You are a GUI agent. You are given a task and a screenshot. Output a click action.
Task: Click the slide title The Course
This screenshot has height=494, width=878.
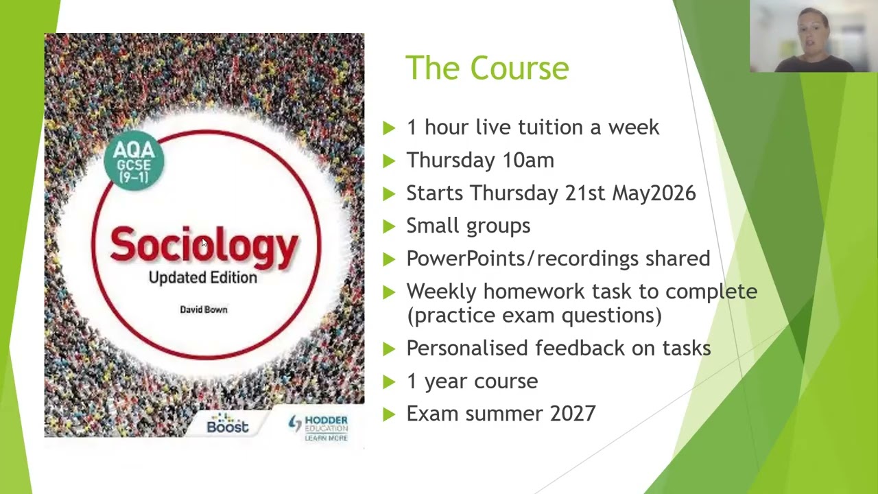click(487, 68)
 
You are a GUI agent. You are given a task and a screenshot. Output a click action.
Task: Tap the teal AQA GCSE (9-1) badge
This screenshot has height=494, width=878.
click(134, 160)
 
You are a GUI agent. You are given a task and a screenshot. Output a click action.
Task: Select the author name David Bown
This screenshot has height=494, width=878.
click(204, 309)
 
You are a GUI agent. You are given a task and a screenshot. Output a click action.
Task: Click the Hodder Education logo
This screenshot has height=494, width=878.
click(318, 427)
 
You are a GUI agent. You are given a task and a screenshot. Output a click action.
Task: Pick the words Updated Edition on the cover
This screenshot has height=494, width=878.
click(203, 277)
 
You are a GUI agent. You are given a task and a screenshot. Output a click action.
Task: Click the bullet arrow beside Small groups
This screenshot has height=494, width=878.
click(389, 226)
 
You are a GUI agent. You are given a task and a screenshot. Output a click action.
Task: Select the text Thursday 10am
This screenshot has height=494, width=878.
click(480, 161)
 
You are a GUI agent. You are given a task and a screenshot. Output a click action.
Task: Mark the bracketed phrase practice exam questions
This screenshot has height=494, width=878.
click(534, 316)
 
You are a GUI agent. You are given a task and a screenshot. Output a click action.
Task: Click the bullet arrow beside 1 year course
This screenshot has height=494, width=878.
click(389, 381)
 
